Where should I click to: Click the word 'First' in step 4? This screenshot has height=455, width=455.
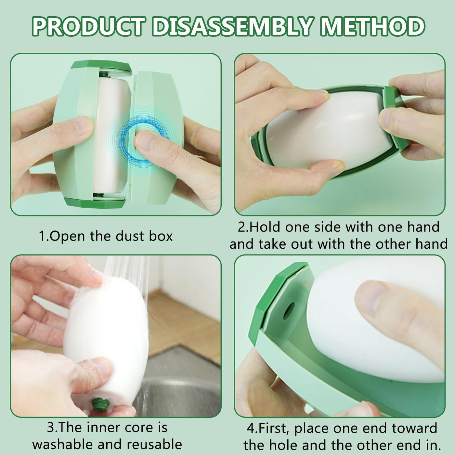(274, 422)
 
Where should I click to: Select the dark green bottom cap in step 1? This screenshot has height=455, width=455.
(95, 202)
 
